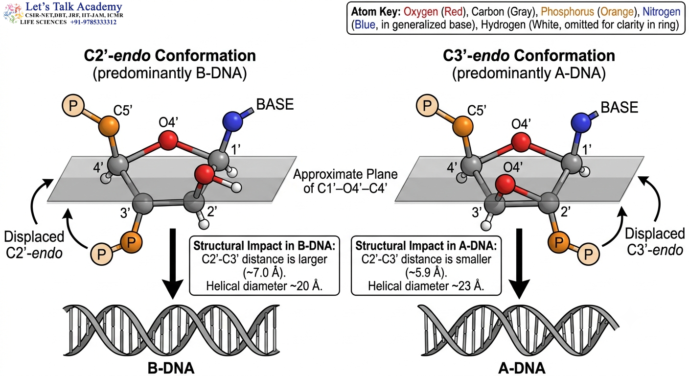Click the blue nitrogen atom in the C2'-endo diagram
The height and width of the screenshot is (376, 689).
232,121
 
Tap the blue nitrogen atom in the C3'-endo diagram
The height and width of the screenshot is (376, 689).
581,122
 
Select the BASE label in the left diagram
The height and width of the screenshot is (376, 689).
275,105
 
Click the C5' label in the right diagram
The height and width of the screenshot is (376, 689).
477,111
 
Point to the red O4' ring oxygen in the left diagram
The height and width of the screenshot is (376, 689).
168,141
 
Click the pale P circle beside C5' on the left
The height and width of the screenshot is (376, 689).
73,106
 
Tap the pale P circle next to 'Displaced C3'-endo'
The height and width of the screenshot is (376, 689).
588,254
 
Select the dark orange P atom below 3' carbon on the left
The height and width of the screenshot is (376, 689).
131,243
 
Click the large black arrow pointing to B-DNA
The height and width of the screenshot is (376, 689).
173,264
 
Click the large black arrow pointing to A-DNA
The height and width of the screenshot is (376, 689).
520,264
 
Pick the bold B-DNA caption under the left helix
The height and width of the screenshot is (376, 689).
171,368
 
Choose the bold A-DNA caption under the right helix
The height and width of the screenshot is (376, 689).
522,368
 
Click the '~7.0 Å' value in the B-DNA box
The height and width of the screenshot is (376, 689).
264,273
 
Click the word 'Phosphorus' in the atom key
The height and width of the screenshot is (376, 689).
567,12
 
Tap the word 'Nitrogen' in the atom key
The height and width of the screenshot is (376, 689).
661,12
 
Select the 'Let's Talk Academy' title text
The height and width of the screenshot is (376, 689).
74,6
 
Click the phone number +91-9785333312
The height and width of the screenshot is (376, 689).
93,22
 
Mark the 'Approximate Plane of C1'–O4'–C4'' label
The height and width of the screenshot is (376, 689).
345,181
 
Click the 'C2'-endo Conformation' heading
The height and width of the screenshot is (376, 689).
170,56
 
